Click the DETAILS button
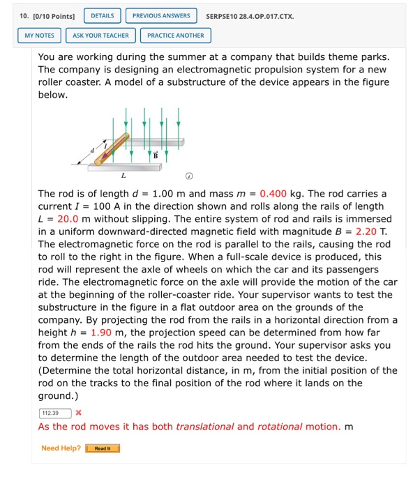click(103, 15)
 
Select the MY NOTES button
click(39, 35)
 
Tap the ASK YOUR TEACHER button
click(100, 35)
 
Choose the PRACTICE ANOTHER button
click(175, 35)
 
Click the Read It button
click(103, 448)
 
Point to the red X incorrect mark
click(79, 413)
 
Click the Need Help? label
click(61, 448)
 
